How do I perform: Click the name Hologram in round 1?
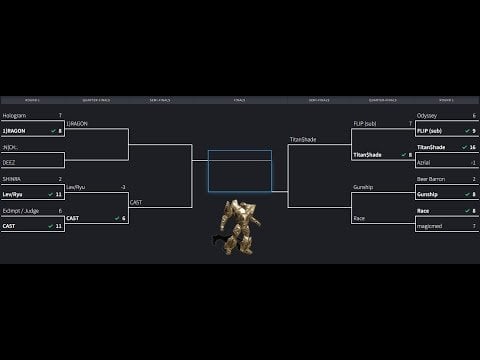[14, 116]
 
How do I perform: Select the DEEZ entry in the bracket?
[11, 161]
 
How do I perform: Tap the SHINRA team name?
[13, 180]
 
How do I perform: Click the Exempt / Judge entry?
[20, 211]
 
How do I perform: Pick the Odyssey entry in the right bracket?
[427, 116]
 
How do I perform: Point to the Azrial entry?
[425, 161]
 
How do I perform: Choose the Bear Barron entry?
[431, 180]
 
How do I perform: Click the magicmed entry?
[429, 226]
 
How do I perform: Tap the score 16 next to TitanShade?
[472, 146]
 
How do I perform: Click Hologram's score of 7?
[60, 116]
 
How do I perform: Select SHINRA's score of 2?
[60, 180]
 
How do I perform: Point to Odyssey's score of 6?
[473, 116]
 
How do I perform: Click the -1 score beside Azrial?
[472, 161]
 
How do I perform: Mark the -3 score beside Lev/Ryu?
[122, 187]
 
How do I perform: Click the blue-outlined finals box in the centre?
[240, 171]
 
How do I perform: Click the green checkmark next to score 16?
[461, 146]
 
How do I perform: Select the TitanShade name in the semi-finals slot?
[303, 139]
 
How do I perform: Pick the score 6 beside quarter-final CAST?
[124, 217]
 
